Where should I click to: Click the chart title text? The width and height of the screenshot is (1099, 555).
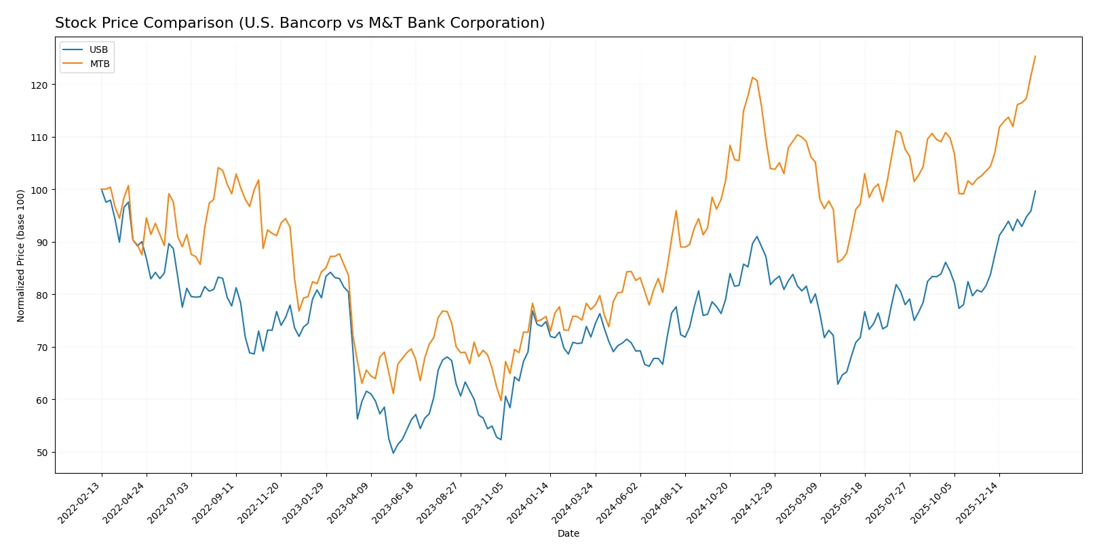click(299, 23)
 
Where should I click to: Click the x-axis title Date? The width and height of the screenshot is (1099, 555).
click(568, 533)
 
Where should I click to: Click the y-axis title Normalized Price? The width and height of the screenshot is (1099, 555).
click(21, 255)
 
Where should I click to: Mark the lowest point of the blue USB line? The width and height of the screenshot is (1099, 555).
click(393, 453)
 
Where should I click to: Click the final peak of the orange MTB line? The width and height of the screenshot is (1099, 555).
click(1035, 56)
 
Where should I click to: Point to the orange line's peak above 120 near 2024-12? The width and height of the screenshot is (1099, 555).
click(752, 77)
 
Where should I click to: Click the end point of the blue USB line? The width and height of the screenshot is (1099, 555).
click(1035, 191)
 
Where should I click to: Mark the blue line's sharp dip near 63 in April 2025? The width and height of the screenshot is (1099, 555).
click(838, 384)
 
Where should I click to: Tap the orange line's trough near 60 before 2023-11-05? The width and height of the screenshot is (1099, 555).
click(501, 400)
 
